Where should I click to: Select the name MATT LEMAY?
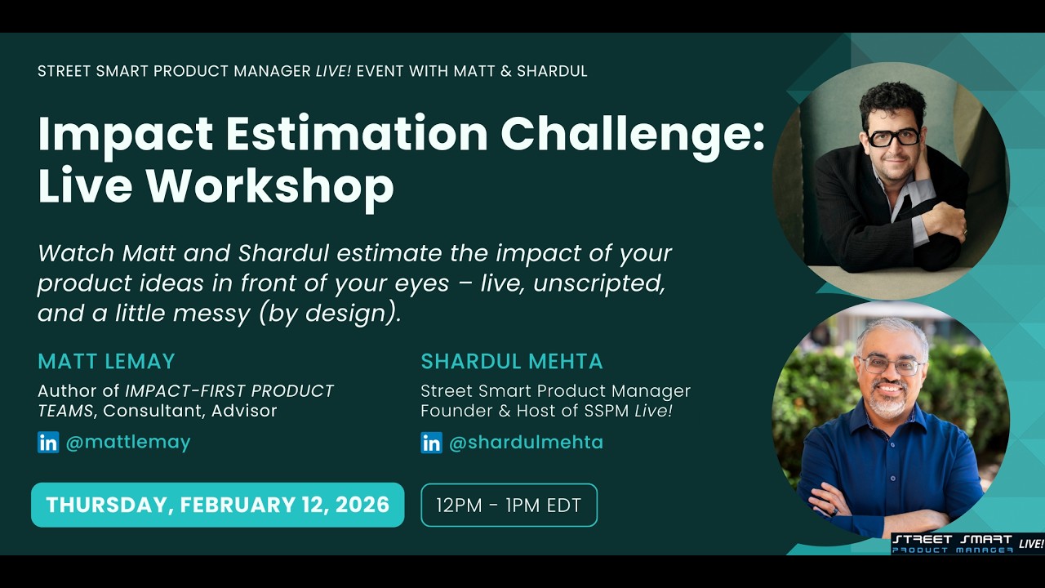(x=106, y=361)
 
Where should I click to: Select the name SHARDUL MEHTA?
(x=512, y=361)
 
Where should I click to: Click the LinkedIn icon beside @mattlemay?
(x=48, y=443)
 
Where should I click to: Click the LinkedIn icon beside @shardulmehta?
(x=431, y=443)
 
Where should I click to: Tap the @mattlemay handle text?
(x=127, y=443)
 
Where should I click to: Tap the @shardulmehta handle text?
(x=526, y=443)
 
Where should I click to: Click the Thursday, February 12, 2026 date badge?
(x=217, y=505)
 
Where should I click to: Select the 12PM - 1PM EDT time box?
(x=509, y=506)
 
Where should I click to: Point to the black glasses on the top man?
(x=893, y=137)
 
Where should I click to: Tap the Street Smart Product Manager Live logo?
(x=967, y=544)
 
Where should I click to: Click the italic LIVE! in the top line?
(x=333, y=71)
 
